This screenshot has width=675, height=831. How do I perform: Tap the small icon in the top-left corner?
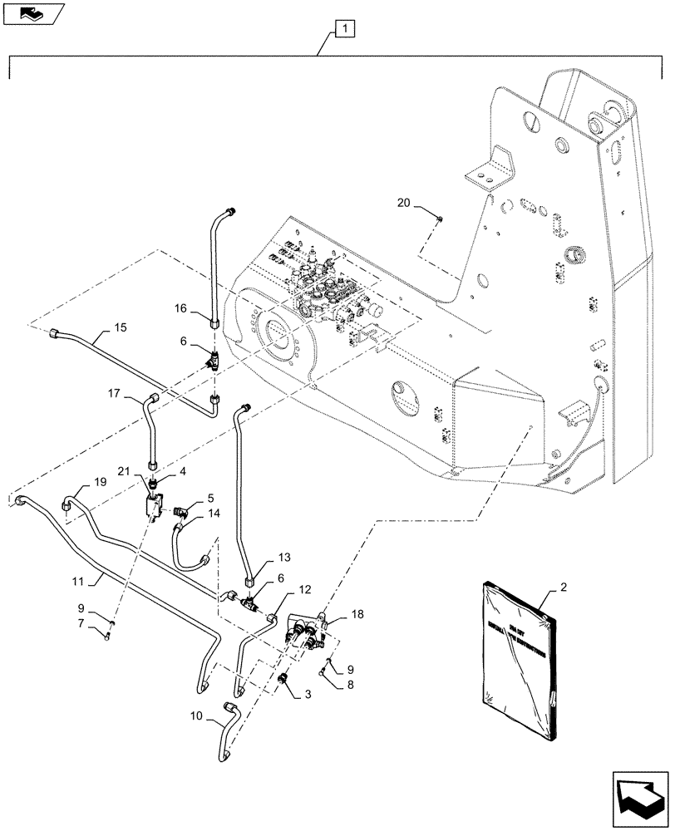tap(32, 12)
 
